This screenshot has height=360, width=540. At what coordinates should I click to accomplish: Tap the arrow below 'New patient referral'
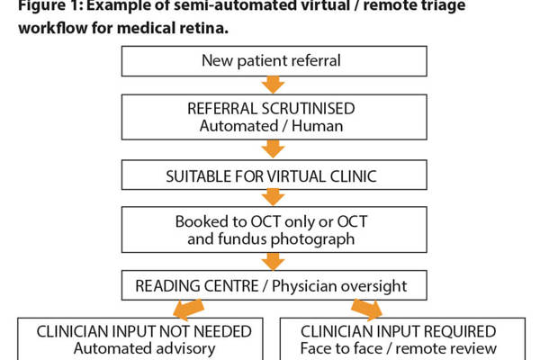click(x=271, y=85)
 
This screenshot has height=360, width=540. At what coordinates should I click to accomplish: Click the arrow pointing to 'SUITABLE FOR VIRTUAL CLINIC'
click(x=271, y=147)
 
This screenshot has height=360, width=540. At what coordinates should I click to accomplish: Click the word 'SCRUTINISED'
click(x=312, y=109)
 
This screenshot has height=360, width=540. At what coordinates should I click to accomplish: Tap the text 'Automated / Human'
click(x=270, y=125)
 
